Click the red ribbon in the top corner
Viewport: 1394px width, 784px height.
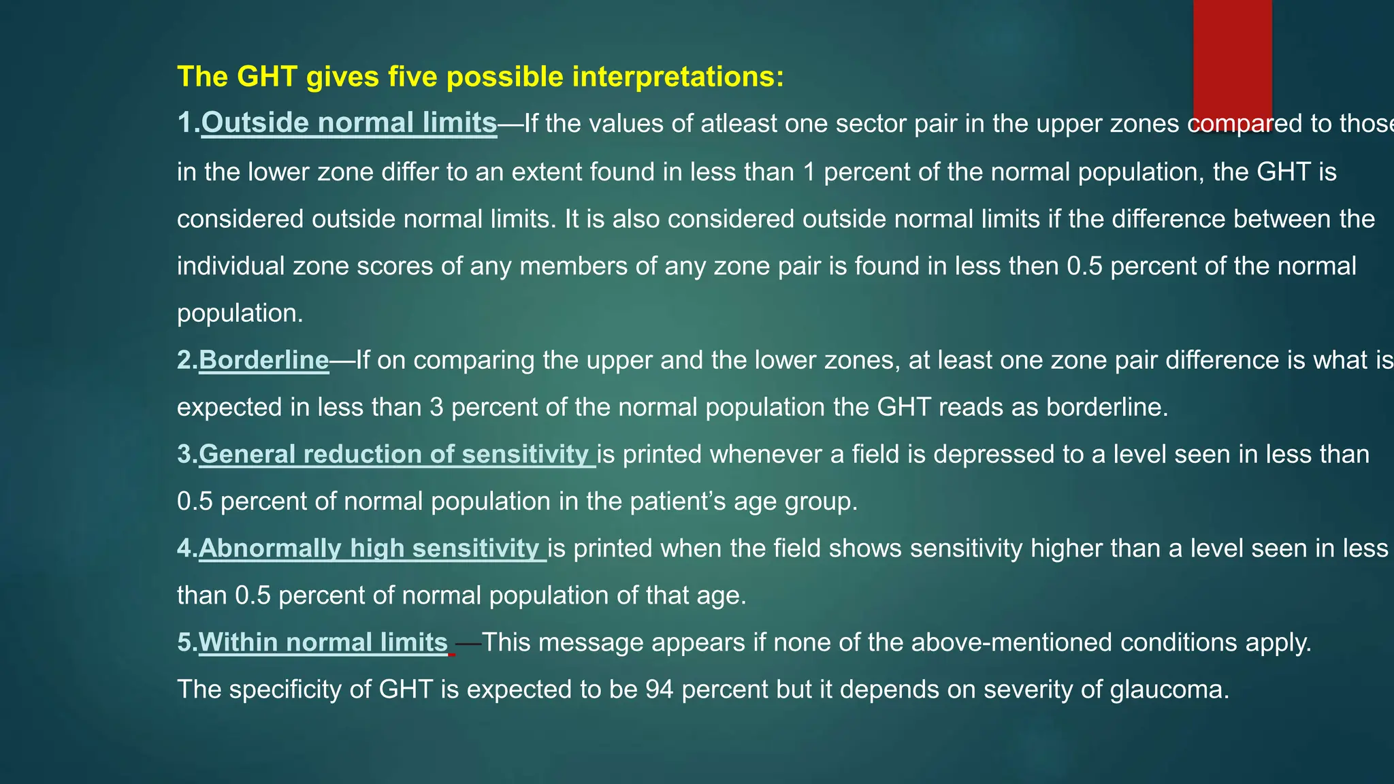click(x=1232, y=61)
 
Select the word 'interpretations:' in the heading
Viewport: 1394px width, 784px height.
click(x=678, y=76)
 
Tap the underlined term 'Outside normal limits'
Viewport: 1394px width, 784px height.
click(x=348, y=123)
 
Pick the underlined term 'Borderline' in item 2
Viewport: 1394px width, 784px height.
click(x=263, y=360)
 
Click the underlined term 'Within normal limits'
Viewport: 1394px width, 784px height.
click(x=323, y=642)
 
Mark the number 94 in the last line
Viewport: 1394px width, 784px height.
click(x=660, y=689)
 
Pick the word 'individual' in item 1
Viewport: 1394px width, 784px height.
click(x=231, y=266)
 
